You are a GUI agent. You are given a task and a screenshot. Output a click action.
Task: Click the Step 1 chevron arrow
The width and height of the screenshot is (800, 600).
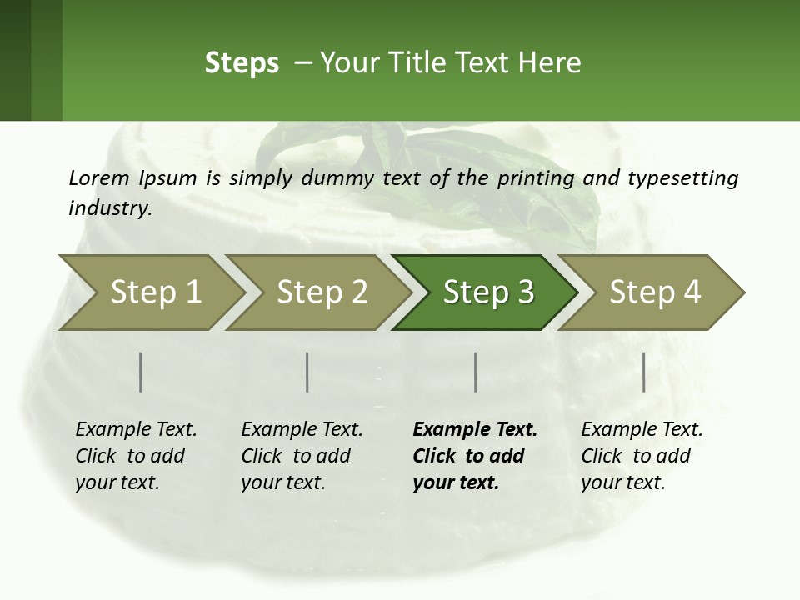click(150, 292)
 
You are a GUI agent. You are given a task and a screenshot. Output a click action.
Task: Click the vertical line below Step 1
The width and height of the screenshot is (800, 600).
click(141, 372)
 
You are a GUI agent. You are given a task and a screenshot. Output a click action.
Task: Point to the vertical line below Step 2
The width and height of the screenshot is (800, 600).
click(307, 372)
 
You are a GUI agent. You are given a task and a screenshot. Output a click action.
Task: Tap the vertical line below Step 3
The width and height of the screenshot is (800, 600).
click(476, 372)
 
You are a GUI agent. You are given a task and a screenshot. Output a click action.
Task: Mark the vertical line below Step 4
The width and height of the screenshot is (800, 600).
click(643, 372)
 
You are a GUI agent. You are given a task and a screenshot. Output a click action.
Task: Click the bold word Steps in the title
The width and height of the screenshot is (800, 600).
click(242, 63)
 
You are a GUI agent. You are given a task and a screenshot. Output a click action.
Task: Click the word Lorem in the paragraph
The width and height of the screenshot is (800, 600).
click(99, 177)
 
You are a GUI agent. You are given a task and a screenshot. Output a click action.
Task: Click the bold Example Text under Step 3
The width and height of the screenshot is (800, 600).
click(475, 430)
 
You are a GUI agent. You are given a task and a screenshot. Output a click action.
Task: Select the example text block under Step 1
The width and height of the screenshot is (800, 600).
click(136, 456)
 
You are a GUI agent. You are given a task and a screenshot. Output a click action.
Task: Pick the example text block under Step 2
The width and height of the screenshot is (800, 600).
click(302, 456)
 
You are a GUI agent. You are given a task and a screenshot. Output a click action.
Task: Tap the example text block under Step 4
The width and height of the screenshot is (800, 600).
click(642, 456)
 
